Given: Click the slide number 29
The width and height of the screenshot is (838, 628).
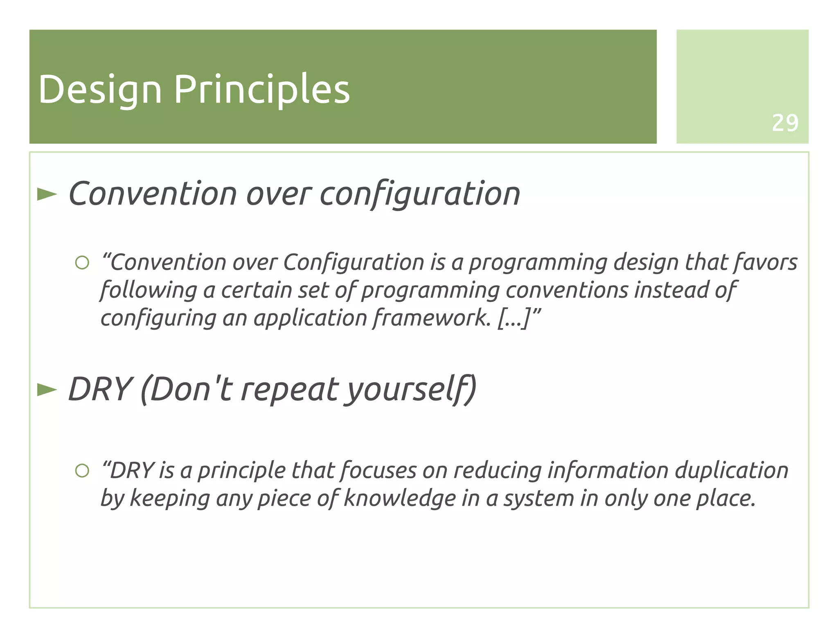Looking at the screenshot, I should click(x=784, y=123).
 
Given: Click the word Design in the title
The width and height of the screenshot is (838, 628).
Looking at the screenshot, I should click(x=100, y=90).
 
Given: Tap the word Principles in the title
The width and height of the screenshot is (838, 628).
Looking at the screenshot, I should click(x=262, y=90).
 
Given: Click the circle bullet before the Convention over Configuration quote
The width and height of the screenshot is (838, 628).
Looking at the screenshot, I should click(x=82, y=263).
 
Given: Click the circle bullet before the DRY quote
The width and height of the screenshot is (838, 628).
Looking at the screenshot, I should click(x=82, y=471).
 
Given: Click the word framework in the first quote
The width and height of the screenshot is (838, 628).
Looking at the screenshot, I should click(x=431, y=318).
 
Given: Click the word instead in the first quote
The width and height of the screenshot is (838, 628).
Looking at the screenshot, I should click(x=671, y=290).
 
